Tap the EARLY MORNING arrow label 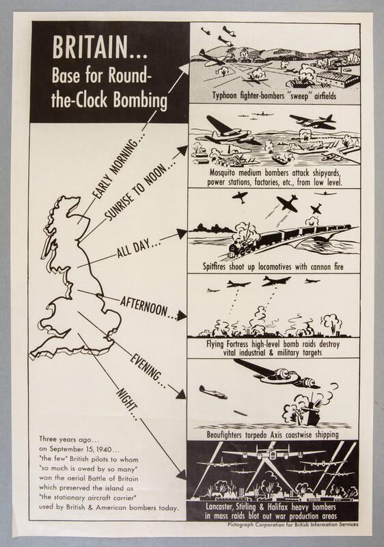117,168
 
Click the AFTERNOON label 143,306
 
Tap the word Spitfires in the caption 215,267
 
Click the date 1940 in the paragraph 104,449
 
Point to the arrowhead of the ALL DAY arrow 182,234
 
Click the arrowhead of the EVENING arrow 180,394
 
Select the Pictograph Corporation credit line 292,524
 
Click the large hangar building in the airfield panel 336,81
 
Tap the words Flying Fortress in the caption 229,345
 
